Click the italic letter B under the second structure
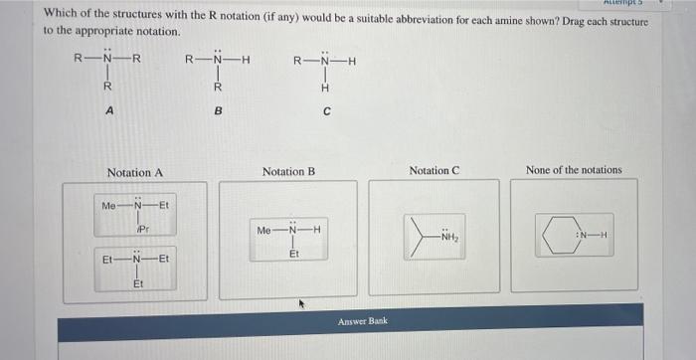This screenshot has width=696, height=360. point(217,112)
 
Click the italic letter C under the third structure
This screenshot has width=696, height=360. point(326,112)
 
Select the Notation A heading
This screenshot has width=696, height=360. point(134,172)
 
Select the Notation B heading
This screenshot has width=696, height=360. point(288,172)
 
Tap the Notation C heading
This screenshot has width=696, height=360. point(433,171)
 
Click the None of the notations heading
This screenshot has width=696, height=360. point(574,170)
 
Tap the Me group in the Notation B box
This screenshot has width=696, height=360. point(263,231)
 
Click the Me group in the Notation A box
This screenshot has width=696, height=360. point(110,206)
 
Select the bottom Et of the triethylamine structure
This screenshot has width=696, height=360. point(139,284)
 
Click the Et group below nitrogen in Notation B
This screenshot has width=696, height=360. point(292,253)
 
